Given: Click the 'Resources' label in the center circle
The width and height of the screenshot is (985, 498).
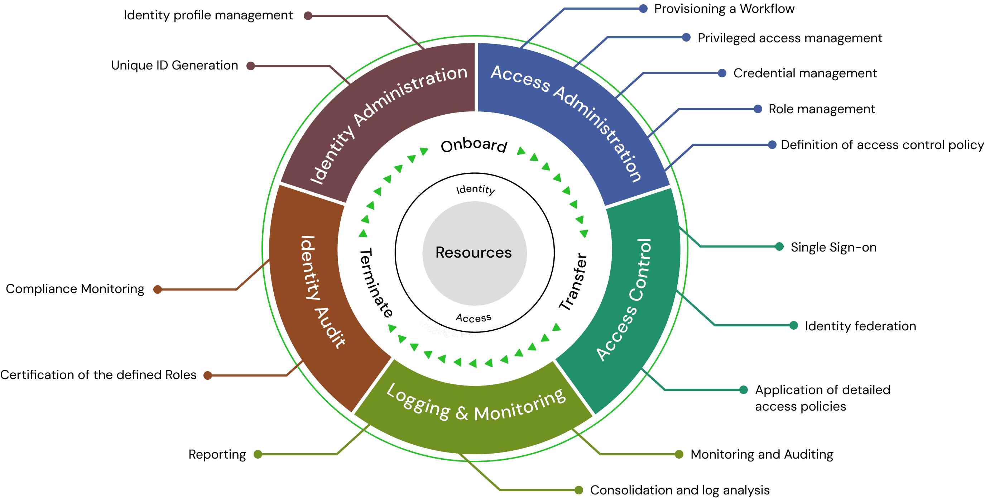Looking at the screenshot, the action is coord(474,253).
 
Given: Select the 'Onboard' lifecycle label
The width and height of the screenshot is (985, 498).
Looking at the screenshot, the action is coord(474,145).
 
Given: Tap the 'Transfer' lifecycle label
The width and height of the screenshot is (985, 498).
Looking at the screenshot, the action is coord(573,282).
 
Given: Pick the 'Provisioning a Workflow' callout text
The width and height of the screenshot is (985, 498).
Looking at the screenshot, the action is coord(724,8).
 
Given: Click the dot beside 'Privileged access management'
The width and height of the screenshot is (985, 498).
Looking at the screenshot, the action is coord(686,38).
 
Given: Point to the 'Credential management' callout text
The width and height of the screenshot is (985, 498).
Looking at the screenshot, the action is coord(805,73).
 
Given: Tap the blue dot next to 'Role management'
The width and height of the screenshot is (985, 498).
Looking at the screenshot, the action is coord(758,109).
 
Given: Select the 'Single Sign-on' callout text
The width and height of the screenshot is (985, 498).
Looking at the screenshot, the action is coord(833,248).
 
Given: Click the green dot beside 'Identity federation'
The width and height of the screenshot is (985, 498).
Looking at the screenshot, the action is coord(794,326).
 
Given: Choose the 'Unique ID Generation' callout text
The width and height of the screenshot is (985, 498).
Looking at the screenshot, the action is coord(174,66).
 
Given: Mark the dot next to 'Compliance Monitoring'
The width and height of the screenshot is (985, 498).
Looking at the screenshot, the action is coord(158,289).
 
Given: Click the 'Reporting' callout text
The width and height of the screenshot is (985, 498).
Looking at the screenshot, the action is coord(217,454).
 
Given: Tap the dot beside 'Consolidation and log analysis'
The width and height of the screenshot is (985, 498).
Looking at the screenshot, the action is coord(579,490).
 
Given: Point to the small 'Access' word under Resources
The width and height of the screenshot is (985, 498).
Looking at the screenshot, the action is coord(474,318).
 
